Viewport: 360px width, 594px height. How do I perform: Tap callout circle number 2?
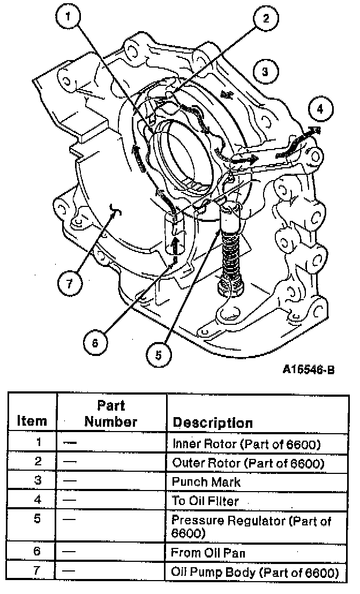tap(266, 18)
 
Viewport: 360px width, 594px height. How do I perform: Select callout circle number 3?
tap(265, 71)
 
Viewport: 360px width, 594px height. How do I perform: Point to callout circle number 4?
tap(320, 109)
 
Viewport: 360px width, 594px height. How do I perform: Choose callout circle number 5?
tap(159, 355)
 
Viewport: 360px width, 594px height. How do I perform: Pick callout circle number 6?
tap(95, 343)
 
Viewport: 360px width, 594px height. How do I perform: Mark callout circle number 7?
tap(69, 283)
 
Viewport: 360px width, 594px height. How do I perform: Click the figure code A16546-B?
tap(309, 370)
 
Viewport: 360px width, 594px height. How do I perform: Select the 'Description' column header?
tap(212, 423)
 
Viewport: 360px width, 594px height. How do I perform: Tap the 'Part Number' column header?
tap(111, 414)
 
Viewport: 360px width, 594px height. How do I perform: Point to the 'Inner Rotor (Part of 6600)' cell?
tap(246, 443)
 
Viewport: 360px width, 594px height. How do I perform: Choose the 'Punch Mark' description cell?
tap(206, 482)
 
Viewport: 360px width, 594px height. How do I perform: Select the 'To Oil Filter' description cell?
tap(206, 501)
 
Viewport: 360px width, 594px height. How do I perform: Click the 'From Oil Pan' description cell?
tap(208, 553)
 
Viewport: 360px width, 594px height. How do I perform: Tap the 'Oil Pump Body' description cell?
tap(255, 572)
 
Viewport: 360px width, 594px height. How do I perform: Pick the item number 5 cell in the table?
tap(37, 518)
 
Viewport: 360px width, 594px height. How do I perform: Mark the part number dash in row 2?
tap(70, 462)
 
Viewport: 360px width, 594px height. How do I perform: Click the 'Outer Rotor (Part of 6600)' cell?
tap(249, 463)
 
